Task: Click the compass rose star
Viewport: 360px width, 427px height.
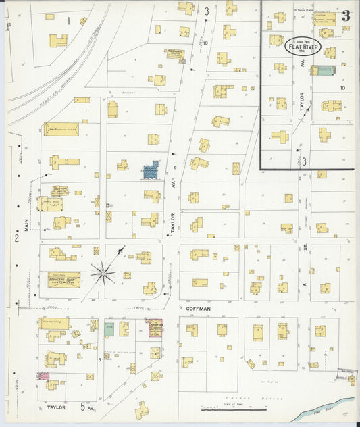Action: click(x=103, y=273)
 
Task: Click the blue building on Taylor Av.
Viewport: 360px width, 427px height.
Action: click(x=150, y=170)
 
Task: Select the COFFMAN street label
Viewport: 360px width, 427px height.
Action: click(x=195, y=309)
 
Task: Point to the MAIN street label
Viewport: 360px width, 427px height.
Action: click(x=28, y=224)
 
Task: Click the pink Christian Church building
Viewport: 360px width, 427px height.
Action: click(x=157, y=327)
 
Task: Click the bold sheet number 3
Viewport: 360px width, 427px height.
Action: click(x=345, y=16)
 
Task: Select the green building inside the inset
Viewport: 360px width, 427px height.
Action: click(x=324, y=70)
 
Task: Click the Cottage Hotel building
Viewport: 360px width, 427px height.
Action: click(x=59, y=192)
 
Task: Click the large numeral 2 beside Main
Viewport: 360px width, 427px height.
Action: click(x=15, y=238)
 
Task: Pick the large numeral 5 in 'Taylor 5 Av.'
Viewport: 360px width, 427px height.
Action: click(x=83, y=407)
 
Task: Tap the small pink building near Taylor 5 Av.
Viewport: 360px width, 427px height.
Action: click(x=44, y=375)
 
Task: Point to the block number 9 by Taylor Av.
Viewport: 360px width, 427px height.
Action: click(x=174, y=166)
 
